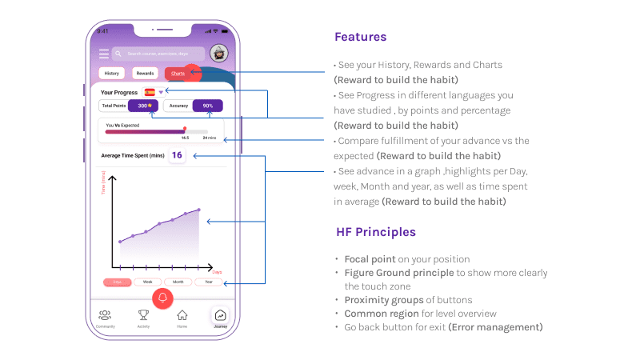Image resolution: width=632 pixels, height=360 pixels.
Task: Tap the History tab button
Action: [112, 74]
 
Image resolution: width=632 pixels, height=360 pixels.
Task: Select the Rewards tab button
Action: [145, 74]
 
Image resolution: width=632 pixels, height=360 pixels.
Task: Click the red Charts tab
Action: [177, 74]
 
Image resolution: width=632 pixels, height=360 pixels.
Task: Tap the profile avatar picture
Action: [218, 54]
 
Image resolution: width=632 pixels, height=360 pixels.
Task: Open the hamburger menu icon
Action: [103, 54]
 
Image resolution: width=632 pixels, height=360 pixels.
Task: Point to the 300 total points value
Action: [143, 106]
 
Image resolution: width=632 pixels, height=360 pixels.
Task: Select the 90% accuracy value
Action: [208, 106]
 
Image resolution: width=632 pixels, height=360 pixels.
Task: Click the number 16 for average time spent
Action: [177, 155]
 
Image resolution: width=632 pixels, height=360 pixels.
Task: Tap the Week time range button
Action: [147, 282]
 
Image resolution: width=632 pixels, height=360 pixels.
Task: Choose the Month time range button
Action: [178, 282]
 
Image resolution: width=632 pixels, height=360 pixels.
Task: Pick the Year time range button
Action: [209, 282]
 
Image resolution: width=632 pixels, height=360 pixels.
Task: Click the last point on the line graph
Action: [198, 210]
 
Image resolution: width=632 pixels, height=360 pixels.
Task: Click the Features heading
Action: [360, 37]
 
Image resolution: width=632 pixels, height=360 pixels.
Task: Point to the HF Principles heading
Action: [375, 232]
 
